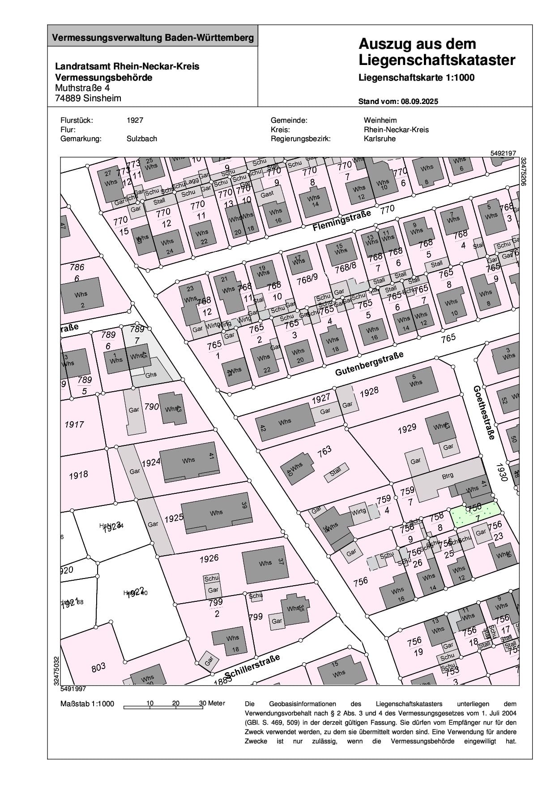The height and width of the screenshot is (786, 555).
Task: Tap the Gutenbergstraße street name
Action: pos(369,364)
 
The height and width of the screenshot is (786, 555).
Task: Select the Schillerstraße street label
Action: pos(252,666)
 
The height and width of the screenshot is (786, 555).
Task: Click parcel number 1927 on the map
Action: pos(320,397)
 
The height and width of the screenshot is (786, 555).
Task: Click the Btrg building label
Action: pos(447,476)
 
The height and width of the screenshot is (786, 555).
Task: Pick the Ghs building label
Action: pos(151,374)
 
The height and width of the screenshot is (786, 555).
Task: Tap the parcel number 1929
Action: pos(407,429)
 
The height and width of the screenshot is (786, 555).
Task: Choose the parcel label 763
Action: pos(324,450)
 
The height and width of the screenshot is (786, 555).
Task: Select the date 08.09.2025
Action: pos(419,101)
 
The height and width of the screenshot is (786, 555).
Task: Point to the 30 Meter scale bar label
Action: pos(212,703)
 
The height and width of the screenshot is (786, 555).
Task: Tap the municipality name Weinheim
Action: pos(380,120)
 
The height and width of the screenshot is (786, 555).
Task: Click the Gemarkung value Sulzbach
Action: pos(142,138)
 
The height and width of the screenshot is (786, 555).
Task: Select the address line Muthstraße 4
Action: pos(82,88)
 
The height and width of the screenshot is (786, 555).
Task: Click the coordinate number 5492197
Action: pos(503,153)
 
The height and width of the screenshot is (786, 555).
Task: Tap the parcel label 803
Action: pos(98,667)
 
